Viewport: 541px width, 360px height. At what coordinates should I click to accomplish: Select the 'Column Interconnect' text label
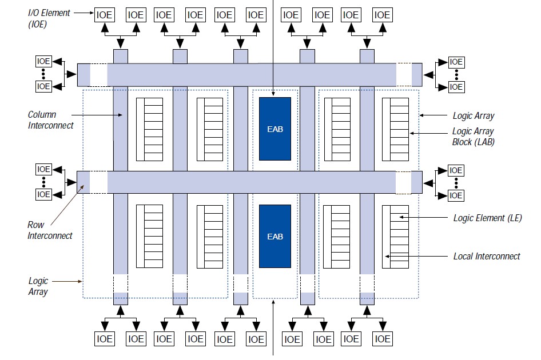pos(50,120)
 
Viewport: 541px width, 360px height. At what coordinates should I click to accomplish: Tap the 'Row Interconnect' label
pos(50,230)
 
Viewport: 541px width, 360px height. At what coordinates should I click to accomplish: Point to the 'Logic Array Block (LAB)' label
pos(473,137)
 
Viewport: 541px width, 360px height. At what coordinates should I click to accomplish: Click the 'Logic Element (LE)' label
pos(487,218)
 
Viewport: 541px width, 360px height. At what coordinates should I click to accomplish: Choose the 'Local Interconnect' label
pos(487,256)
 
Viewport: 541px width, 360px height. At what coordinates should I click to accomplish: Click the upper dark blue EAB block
pos(275,129)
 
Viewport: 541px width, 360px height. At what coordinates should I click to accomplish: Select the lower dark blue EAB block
pos(275,236)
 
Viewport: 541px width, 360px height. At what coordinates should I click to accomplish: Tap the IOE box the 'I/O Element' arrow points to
pos(105,15)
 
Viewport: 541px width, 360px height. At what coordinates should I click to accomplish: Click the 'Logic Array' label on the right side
pos(473,115)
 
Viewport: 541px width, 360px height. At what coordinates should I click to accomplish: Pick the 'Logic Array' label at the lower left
pos(38,286)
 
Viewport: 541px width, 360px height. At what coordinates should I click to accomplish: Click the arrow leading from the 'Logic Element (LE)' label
pos(423,217)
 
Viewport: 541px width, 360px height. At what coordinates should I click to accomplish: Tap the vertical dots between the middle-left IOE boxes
pos(43,182)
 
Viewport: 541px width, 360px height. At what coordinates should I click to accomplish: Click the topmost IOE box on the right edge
pos(456,62)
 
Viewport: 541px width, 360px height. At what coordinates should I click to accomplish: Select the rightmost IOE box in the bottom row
pos(383,339)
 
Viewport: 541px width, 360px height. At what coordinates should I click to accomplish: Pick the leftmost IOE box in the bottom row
pos(105,339)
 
